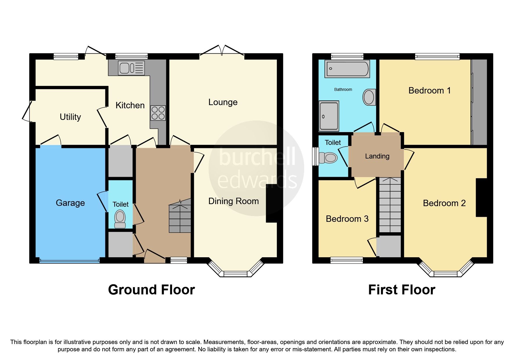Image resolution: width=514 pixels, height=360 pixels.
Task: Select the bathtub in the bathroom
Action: [347, 69]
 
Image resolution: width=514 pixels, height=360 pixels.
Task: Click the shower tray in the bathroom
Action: [329, 116]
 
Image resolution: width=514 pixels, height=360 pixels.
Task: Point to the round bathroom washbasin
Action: [369, 97]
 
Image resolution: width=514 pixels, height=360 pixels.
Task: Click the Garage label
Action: [70, 203]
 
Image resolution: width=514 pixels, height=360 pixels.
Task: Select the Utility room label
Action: [70, 117]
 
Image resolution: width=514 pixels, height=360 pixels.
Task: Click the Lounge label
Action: [223, 102]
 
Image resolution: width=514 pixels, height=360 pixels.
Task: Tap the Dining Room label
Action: [233, 201]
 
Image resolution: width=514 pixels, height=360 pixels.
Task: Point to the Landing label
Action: [377, 156]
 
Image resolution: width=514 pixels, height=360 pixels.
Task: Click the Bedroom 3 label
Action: [347, 219]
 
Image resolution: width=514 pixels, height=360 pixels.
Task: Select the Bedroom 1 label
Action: [430, 91]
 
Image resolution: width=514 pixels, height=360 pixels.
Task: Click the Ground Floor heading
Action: [151, 290]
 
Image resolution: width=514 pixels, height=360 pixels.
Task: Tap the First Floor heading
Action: [401, 290]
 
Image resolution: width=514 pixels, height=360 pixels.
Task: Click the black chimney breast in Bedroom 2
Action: [481, 197]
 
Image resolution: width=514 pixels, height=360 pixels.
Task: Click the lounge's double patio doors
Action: [222, 52]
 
